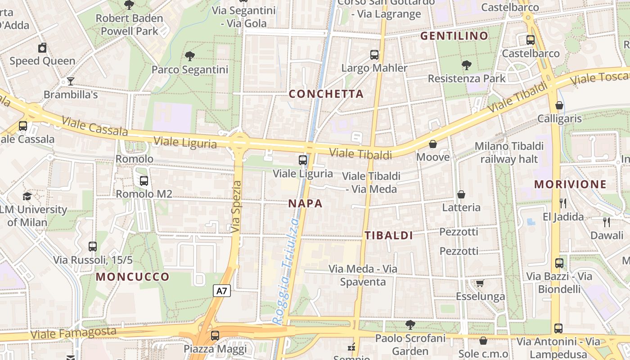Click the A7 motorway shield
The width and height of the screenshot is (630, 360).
[x=222, y=291]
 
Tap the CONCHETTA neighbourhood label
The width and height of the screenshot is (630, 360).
[x=326, y=94]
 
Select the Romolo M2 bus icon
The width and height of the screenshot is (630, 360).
[x=144, y=181]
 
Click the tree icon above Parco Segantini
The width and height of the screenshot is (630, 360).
[x=190, y=56]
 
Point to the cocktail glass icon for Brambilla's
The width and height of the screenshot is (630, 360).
[x=71, y=81]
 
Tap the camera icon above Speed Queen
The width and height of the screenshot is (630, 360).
[x=42, y=48]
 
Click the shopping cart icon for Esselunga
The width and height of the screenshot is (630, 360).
[x=480, y=283]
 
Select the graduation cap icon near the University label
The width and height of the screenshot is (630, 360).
[x=27, y=196]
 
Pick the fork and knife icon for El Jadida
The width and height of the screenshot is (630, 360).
[x=563, y=203]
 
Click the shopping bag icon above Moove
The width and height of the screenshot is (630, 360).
[x=433, y=144]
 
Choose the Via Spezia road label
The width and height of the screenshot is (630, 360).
[x=236, y=207]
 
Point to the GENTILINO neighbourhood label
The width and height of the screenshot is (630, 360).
[x=454, y=36]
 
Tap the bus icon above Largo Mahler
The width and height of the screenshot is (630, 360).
[x=374, y=55]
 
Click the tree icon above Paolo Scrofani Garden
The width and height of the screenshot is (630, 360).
[x=410, y=324]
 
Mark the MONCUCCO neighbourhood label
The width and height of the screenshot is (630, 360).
[x=133, y=277]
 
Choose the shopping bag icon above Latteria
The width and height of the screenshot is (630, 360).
[x=461, y=194]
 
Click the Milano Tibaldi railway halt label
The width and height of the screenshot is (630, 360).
[x=509, y=153]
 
